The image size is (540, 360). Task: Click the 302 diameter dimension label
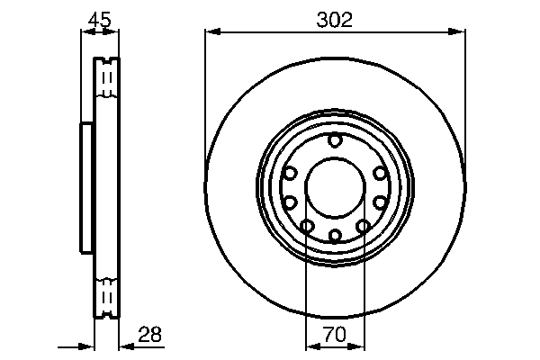335,18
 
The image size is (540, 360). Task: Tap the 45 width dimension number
100,18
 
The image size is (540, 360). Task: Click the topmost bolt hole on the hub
335,139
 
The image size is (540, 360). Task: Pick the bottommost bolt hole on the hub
335,236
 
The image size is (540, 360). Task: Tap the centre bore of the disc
335,187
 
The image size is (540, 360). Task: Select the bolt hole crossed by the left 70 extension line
306,226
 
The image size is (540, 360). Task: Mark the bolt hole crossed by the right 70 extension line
364,226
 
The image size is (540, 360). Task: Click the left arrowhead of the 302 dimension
211,32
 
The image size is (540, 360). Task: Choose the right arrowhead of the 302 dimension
459,32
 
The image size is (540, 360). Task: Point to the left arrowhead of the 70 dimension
311,346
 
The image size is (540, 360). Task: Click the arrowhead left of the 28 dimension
88,346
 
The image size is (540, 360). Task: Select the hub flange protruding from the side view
87,187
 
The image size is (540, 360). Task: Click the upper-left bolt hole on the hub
290,173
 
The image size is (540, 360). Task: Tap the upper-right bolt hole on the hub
380,173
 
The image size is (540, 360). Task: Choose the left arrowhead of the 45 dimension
86,32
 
